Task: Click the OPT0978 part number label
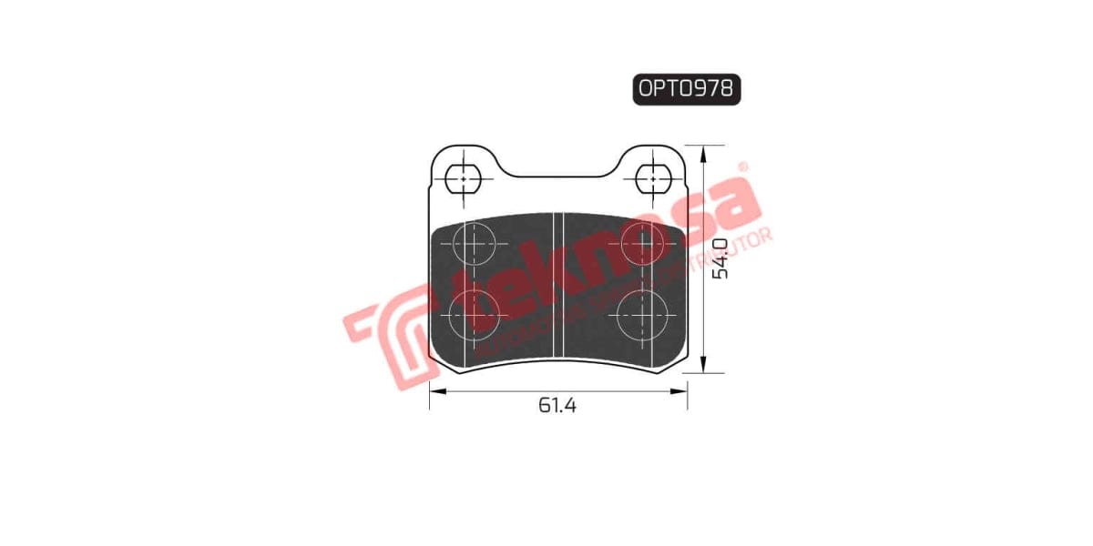pyautogui.click(x=686, y=88)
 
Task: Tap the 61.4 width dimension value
pyautogui.click(x=557, y=406)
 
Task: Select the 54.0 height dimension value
pyautogui.click(x=720, y=258)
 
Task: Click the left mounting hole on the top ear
pyautogui.click(x=464, y=178)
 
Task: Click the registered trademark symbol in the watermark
pyautogui.click(x=741, y=167)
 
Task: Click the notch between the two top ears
pyautogui.click(x=557, y=175)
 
